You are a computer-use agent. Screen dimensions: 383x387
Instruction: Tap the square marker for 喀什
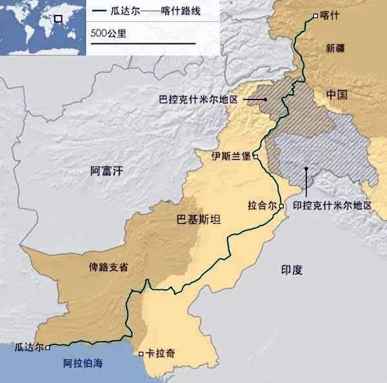tap(315, 16)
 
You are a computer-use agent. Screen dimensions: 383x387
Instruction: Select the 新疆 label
tap(336, 47)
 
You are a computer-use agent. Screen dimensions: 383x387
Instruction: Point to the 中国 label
tap(337, 95)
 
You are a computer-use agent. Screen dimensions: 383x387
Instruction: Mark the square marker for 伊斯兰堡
tap(256, 156)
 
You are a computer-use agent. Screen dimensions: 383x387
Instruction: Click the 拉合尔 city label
tap(262, 205)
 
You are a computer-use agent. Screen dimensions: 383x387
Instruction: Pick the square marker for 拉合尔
tap(281, 205)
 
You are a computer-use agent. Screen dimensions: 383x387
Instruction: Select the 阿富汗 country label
tap(106, 171)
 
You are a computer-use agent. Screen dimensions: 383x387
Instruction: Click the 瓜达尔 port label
tap(29, 347)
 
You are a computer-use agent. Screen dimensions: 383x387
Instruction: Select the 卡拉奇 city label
tap(161, 353)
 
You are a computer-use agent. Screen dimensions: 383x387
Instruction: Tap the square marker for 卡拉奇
tap(142, 353)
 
